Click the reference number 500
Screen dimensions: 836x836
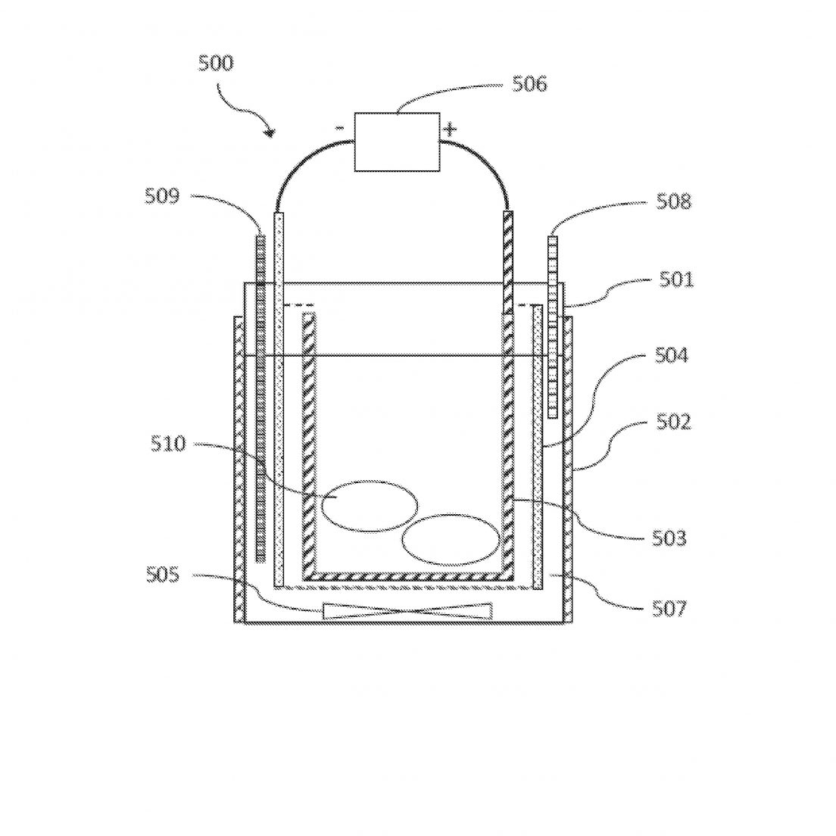(216, 63)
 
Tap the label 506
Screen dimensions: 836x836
(529, 84)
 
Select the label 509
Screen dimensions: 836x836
(163, 195)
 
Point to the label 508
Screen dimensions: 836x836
(673, 201)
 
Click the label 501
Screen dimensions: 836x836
(676, 279)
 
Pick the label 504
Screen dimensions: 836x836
(672, 355)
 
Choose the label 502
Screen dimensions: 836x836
(673, 422)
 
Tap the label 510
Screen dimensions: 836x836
(168, 444)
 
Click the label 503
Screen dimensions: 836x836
(669, 538)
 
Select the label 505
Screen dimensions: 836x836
(163, 575)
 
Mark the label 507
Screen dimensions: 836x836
(669, 609)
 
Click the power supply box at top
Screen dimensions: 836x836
(398, 142)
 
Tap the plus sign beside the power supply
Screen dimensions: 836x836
(451, 129)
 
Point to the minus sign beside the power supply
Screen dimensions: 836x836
(339, 128)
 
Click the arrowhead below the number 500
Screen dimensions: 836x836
(271, 133)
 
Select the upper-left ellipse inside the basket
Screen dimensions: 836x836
(369, 506)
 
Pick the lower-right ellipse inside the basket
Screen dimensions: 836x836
(451, 540)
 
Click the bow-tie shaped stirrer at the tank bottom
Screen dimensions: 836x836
(407, 612)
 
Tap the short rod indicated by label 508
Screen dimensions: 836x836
(553, 327)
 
